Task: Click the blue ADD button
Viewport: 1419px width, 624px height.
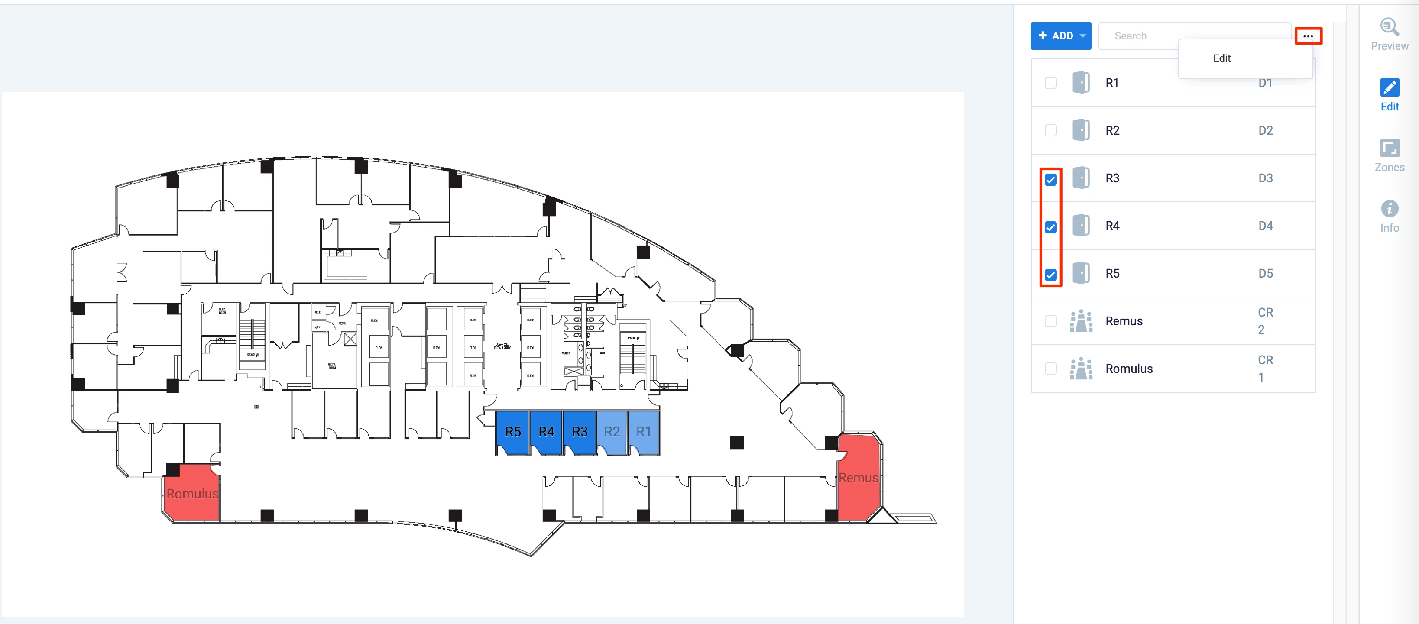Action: [x=1060, y=36]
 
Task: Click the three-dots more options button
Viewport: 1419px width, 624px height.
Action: [x=1308, y=36]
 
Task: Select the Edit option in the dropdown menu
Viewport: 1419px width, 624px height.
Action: [x=1222, y=58]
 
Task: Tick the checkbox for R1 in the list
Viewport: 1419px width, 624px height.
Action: [x=1050, y=83]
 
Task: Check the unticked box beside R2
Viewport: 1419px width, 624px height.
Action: [x=1050, y=130]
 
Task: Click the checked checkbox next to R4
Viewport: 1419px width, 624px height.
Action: [x=1050, y=227]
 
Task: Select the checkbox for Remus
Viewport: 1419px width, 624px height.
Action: [x=1050, y=321]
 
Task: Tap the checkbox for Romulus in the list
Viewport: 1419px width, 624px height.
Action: [x=1050, y=369]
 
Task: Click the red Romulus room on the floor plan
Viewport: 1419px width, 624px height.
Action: [x=192, y=493]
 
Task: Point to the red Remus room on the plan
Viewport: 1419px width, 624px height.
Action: [x=858, y=478]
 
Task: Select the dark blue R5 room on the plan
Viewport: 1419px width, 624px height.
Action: [x=513, y=432]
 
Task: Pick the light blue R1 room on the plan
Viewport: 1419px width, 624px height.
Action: [x=643, y=432]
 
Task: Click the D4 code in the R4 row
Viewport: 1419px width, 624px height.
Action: [x=1265, y=226]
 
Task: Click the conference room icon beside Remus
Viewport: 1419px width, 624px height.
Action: [x=1081, y=321]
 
